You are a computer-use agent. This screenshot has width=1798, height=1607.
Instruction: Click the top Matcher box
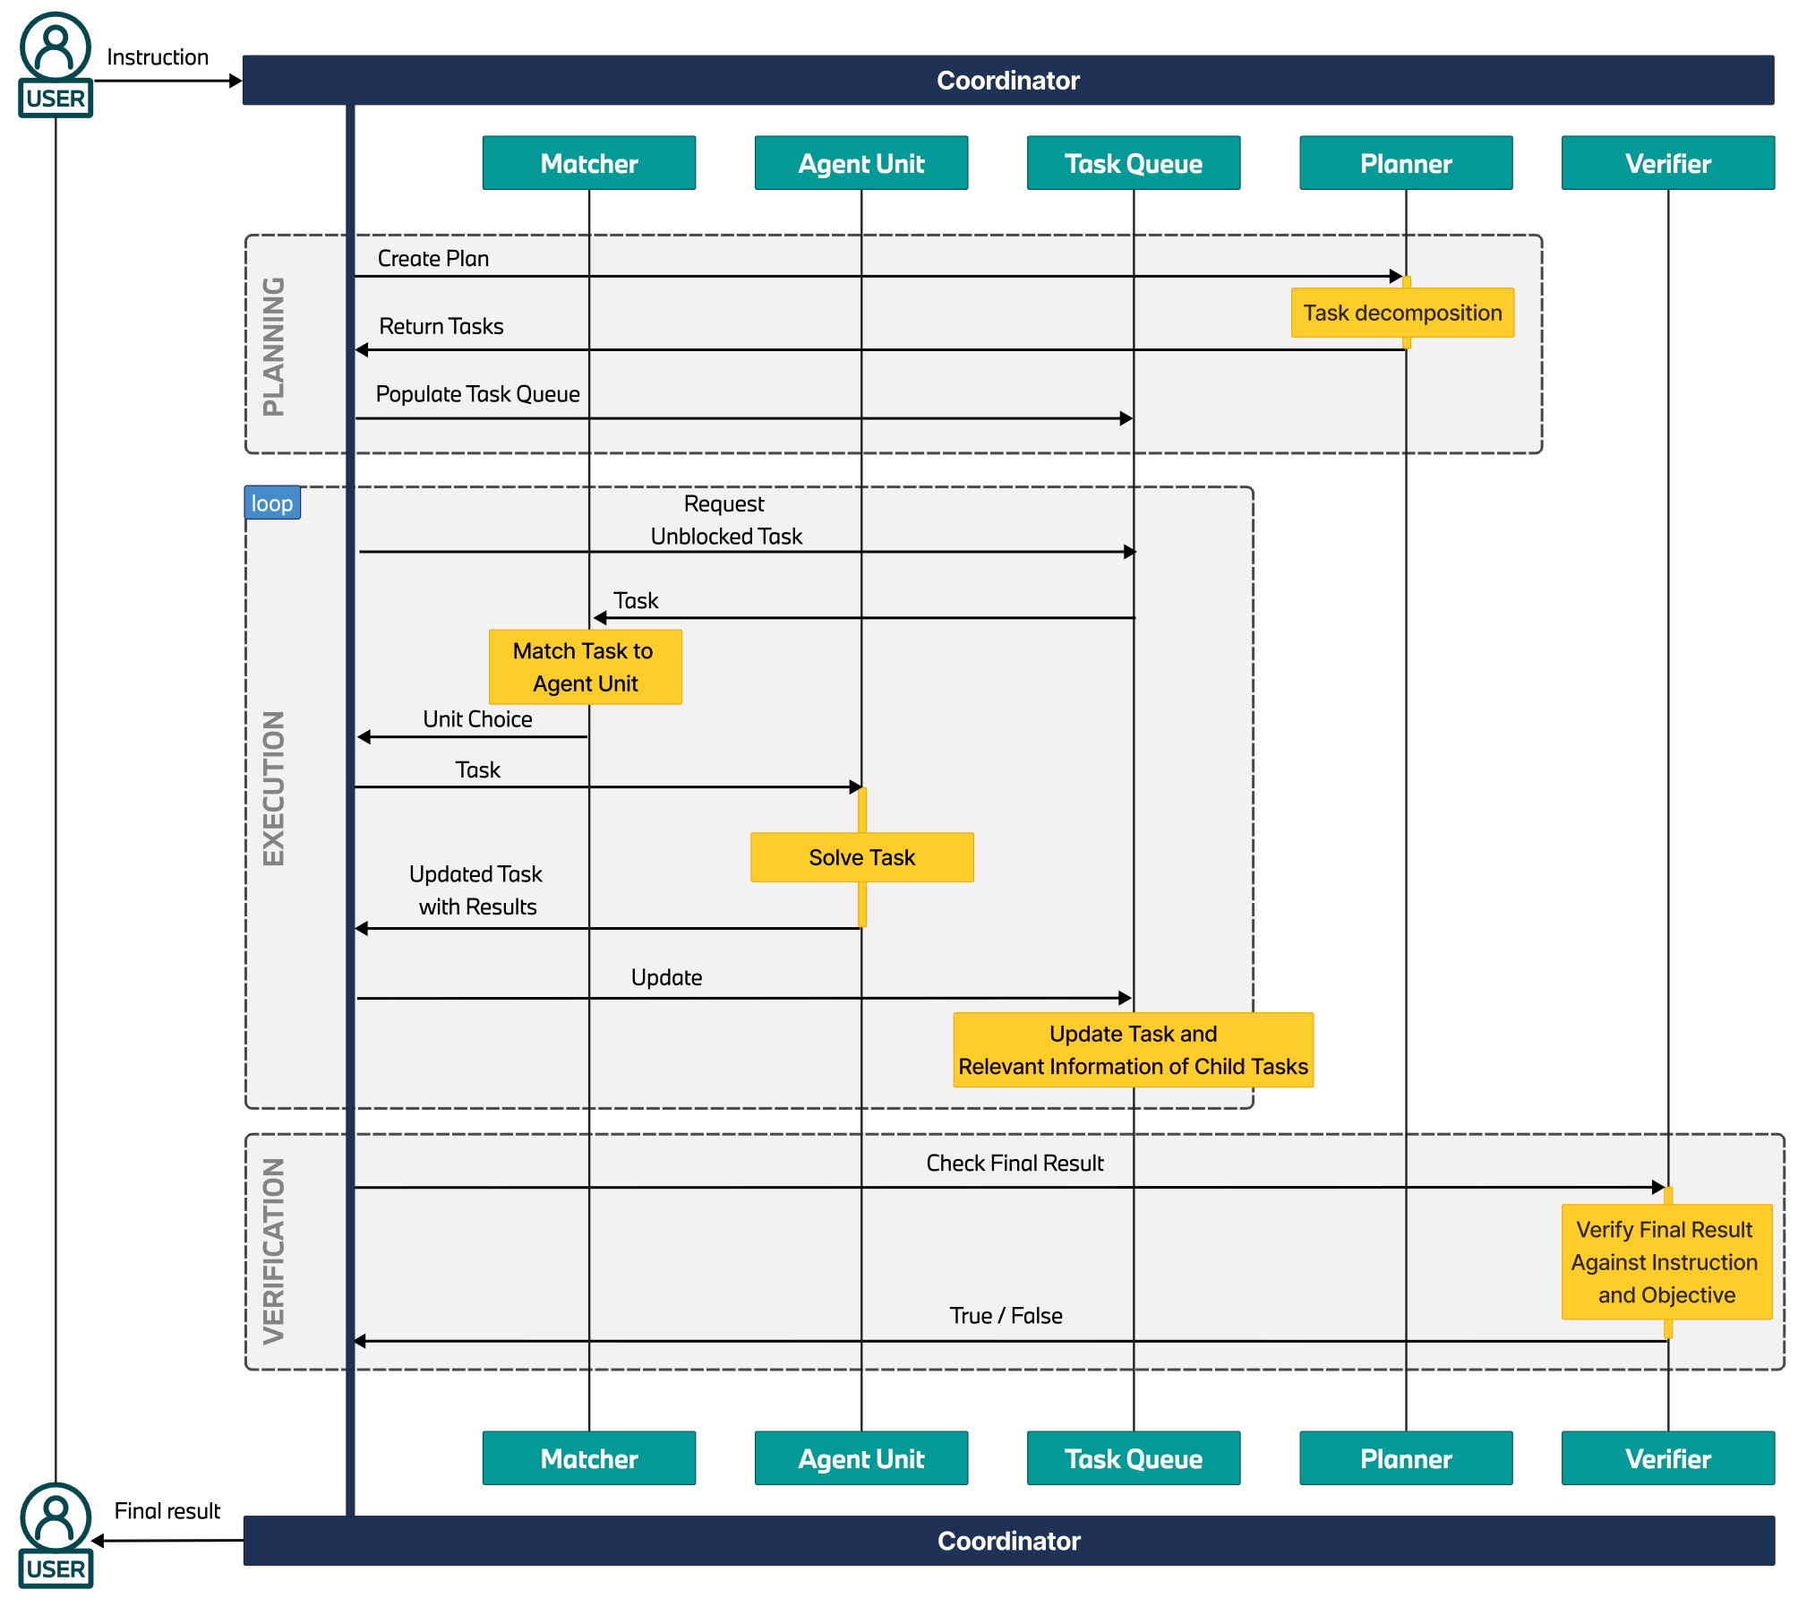click(588, 163)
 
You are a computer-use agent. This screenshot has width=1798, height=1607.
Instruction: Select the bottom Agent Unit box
click(860, 1458)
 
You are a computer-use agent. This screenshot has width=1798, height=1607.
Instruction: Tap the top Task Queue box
click(1133, 163)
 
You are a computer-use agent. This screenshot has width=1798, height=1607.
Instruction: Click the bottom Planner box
click(1405, 1458)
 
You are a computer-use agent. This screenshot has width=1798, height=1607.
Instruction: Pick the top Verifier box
click(1667, 163)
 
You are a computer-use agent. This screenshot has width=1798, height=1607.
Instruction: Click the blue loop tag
click(272, 503)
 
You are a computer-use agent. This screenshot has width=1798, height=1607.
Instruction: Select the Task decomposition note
click(1401, 313)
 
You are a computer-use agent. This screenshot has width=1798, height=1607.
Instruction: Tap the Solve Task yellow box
click(861, 857)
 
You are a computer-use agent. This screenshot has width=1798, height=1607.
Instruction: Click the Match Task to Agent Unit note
click(585, 667)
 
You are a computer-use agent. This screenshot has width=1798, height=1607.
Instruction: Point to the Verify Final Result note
click(1665, 1261)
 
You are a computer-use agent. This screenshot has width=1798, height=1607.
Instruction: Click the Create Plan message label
click(433, 259)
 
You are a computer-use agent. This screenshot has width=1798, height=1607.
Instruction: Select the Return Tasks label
click(441, 327)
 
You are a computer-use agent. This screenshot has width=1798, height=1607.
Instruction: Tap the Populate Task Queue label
click(477, 395)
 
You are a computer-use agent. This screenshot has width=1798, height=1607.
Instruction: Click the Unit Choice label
click(477, 719)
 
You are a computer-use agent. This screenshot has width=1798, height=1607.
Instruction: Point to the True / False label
click(1006, 1316)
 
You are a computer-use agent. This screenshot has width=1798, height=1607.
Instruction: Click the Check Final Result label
click(1015, 1164)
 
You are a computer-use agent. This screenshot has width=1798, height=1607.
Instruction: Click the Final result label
click(167, 1511)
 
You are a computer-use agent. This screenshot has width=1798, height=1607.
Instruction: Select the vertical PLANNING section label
click(273, 346)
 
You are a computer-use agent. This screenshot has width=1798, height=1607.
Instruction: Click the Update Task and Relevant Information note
click(1133, 1050)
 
